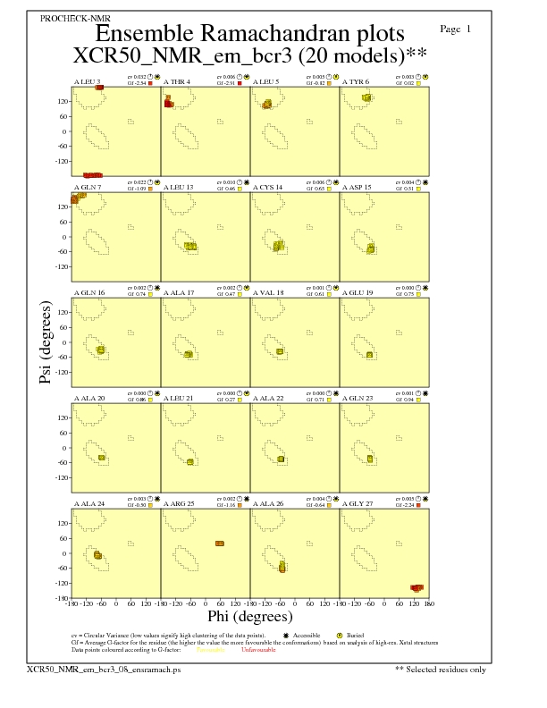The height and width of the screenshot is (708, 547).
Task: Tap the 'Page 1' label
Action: [x=457, y=29]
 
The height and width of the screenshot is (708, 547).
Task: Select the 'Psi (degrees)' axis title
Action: [x=46, y=343]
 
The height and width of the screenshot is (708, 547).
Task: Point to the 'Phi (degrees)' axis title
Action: [x=249, y=616]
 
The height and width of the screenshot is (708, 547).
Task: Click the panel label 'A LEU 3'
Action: [x=87, y=82]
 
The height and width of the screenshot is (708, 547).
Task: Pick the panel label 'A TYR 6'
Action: [x=356, y=82]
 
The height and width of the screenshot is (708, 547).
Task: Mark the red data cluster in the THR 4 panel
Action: [x=168, y=104]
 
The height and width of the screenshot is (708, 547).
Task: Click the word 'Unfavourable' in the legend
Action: [x=257, y=648]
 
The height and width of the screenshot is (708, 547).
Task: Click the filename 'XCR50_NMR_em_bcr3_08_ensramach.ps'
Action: [x=84, y=669]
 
